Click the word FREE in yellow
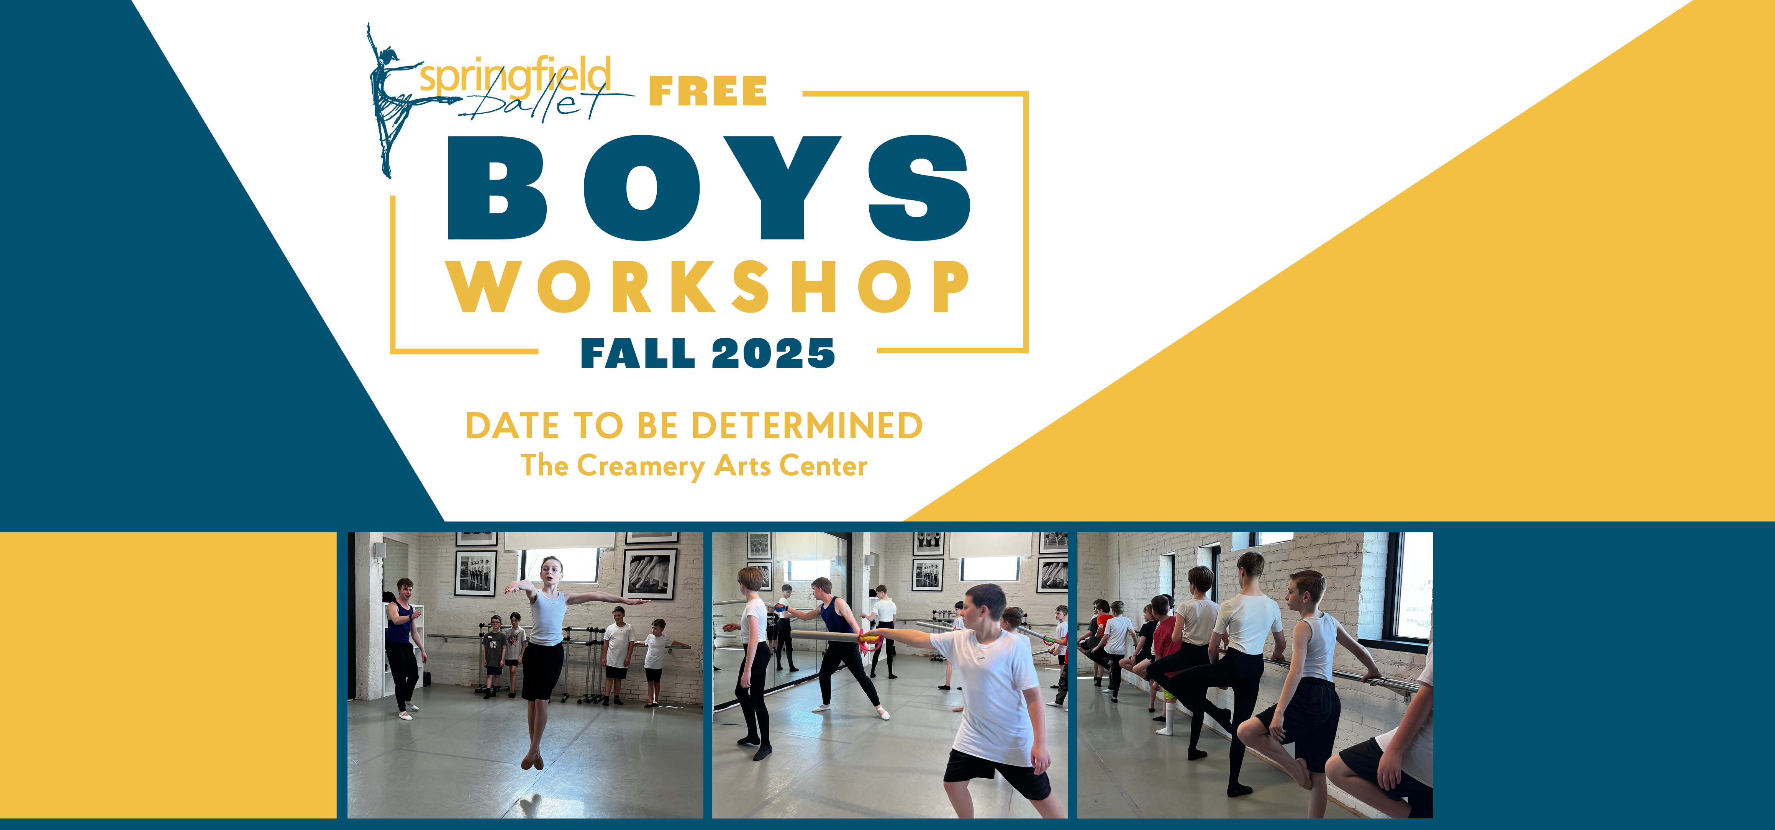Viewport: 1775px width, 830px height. click(708, 92)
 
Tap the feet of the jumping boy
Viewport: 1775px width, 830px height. click(532, 759)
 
